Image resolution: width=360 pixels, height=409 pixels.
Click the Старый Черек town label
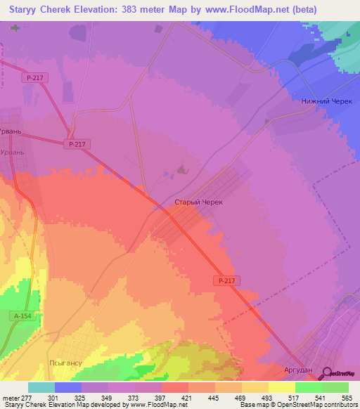click(198, 202)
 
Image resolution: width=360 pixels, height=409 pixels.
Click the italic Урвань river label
click(13, 152)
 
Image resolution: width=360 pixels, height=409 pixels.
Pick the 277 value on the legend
click(27, 398)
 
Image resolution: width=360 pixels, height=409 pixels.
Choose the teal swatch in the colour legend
click(41, 387)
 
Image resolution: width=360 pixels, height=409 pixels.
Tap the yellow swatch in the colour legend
click(282, 387)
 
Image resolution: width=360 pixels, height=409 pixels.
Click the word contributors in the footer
click(339, 405)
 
